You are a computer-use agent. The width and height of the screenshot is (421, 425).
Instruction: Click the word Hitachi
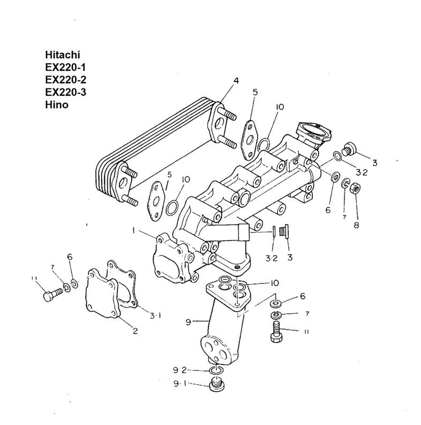click(63, 55)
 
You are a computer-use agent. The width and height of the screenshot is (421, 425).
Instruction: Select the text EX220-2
click(65, 80)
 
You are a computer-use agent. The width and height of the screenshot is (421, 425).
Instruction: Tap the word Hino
click(57, 105)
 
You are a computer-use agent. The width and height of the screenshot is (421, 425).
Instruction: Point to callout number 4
click(236, 81)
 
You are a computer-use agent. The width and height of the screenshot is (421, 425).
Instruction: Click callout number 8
click(356, 225)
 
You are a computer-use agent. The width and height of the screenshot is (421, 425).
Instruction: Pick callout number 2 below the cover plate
click(135, 331)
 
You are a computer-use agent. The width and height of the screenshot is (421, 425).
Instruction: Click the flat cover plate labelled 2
click(102, 294)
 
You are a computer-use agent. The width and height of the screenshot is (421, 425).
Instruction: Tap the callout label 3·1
click(155, 316)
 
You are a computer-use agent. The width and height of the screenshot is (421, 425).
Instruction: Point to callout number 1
click(133, 230)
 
